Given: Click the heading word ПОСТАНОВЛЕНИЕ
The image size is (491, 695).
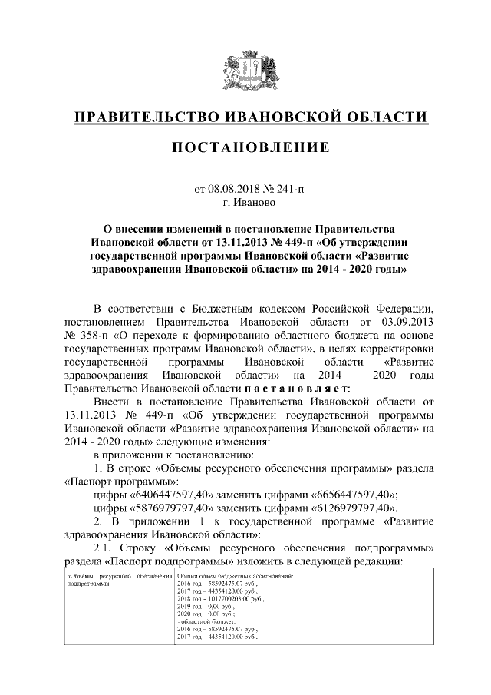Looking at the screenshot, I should tap(245, 147).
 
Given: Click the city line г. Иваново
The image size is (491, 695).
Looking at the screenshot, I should tap(245, 203).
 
